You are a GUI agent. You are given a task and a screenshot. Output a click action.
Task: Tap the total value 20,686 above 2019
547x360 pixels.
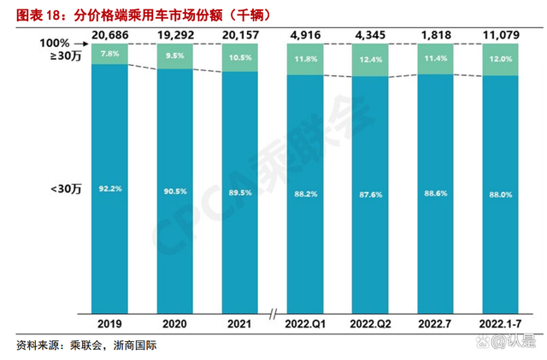tap(109, 34)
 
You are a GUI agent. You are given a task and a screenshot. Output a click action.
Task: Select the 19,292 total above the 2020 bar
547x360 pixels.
tap(174, 34)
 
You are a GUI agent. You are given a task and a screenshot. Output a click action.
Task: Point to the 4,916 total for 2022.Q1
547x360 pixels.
tap(304, 34)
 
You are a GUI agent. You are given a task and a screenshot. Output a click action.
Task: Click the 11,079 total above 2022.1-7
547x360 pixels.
tap(500, 34)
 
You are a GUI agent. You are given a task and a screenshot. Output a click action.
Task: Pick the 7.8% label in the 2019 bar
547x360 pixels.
tap(109, 54)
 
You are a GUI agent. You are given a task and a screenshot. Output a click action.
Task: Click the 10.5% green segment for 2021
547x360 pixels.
tap(239, 58)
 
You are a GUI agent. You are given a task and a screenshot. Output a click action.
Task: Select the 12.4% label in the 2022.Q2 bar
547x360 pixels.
tap(369, 60)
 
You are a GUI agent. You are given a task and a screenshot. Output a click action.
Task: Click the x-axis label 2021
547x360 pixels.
tap(239, 325)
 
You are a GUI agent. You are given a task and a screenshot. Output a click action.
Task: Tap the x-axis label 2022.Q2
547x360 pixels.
tap(369, 325)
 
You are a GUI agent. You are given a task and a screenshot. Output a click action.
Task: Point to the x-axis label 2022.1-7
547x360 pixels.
tap(500, 325)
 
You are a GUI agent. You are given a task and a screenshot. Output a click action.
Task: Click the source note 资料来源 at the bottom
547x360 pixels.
tap(85, 346)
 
